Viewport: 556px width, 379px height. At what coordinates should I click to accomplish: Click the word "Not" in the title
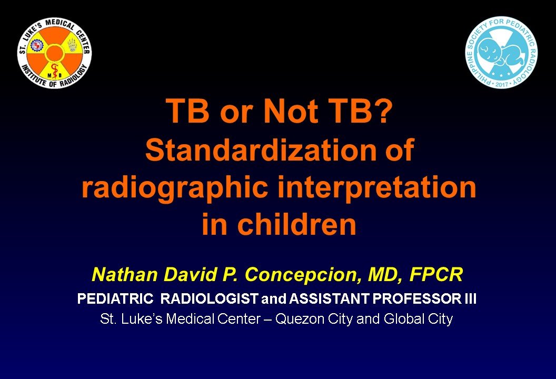[x=291, y=111]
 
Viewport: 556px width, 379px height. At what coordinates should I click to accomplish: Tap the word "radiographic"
[x=174, y=188]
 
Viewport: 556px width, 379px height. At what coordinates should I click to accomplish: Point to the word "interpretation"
[x=376, y=188]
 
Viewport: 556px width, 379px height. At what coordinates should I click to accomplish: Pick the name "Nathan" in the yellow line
[x=125, y=275]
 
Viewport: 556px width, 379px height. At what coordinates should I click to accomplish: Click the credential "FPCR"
[x=436, y=275]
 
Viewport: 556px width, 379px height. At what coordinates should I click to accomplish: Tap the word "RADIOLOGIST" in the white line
[x=209, y=299]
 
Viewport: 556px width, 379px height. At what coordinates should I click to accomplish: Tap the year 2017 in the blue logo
[x=501, y=84]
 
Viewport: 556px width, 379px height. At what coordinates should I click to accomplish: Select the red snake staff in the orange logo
[x=54, y=71]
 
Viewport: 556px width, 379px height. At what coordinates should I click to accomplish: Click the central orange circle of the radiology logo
[x=54, y=53]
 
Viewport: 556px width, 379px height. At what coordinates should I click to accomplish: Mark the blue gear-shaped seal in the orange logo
[x=36, y=45]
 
